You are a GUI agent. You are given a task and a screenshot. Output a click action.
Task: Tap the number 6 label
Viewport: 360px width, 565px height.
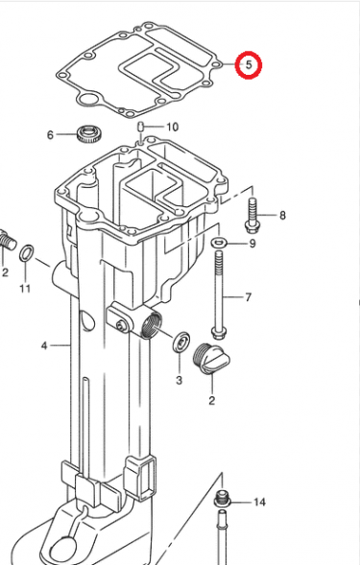point(51,135)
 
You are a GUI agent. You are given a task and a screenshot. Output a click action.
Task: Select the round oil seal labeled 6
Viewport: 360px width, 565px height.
point(89,133)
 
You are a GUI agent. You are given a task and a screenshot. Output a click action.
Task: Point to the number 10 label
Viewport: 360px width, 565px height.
point(172,127)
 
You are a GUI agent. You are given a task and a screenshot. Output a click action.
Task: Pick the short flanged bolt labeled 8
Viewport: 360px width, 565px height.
point(253,214)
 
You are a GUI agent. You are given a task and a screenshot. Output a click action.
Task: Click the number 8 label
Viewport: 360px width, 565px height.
point(282,215)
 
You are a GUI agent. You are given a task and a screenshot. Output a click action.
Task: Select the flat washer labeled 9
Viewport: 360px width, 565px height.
point(218,244)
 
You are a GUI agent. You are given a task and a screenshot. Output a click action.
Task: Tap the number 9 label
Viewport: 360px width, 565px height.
point(252,244)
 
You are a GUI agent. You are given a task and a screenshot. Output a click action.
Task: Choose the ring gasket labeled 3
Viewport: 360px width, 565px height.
point(180,342)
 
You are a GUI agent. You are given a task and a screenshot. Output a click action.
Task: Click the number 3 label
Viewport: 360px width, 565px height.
point(178,381)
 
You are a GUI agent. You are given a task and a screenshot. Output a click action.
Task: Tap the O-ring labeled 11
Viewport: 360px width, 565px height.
point(29,253)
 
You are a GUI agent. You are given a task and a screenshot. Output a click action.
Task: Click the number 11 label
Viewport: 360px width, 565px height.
point(25,289)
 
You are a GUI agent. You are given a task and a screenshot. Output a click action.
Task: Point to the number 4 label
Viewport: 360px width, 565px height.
point(42,343)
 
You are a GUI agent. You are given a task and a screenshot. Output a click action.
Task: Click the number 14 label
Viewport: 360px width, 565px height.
point(259,503)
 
